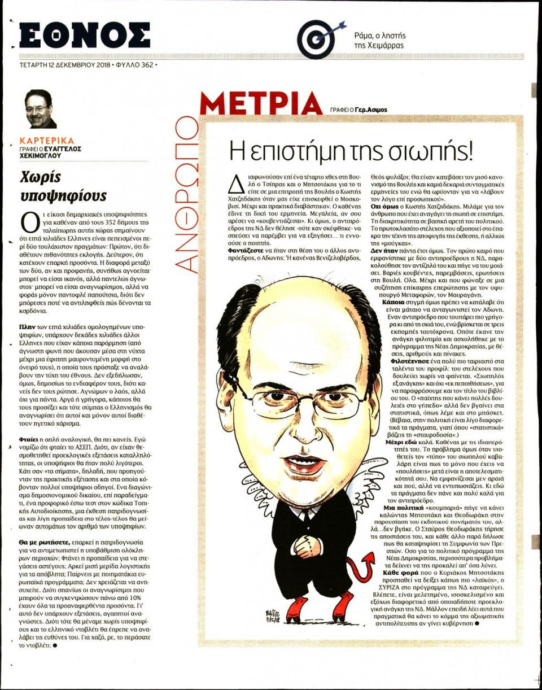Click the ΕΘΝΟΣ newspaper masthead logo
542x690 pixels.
coord(85,35)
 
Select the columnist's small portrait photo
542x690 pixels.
coord(41,109)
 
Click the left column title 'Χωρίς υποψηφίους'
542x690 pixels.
coord(63,185)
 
